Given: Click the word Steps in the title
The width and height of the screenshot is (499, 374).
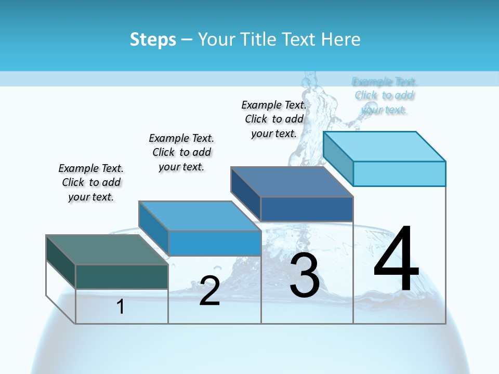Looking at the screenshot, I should click(x=153, y=39).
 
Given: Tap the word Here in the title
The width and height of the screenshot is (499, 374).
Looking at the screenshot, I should click(x=341, y=39).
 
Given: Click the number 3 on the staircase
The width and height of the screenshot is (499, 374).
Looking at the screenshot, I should click(x=305, y=275).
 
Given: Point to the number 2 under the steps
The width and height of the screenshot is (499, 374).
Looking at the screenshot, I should click(x=209, y=291).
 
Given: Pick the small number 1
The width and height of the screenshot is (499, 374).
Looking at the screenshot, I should click(x=121, y=306).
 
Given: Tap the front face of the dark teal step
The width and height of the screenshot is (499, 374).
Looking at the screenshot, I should click(x=122, y=276).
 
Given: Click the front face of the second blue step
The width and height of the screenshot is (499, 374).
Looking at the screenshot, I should click(x=214, y=243).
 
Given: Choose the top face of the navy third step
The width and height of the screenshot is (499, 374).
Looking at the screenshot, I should click(x=291, y=182).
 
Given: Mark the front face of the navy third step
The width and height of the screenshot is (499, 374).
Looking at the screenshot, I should click(x=307, y=209).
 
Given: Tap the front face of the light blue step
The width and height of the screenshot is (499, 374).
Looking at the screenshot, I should click(x=399, y=173).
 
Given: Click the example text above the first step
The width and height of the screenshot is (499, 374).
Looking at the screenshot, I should click(x=91, y=182).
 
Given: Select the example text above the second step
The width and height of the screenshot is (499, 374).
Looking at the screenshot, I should click(x=181, y=152).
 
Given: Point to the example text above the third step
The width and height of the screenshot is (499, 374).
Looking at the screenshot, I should click(x=274, y=119).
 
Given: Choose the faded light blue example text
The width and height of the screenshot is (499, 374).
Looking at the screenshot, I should click(x=384, y=96).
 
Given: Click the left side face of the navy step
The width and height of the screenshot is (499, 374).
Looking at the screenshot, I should click(x=245, y=194).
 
